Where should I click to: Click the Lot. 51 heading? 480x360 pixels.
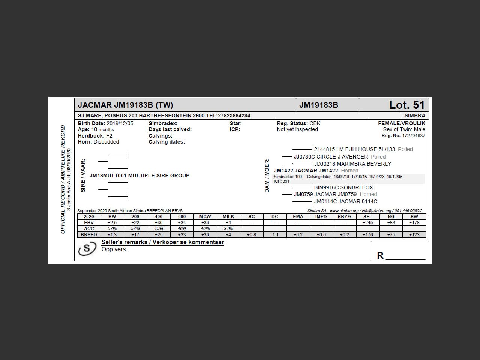point(406,105)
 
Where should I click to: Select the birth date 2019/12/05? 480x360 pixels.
point(120,123)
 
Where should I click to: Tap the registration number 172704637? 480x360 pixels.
point(414,136)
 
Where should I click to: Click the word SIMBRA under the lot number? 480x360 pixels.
point(415,115)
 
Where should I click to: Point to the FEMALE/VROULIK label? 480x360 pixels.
point(401,123)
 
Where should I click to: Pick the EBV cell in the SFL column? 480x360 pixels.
point(367,223)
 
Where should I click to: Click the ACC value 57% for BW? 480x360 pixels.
point(112,229)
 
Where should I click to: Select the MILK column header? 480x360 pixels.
point(228,217)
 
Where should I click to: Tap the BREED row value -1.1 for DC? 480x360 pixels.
point(274,235)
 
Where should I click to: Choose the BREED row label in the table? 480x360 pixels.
point(89,235)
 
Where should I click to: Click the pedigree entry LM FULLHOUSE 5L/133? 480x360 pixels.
point(354,149)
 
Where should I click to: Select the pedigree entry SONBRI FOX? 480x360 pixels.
point(343,187)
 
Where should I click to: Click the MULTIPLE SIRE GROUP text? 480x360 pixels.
point(159,175)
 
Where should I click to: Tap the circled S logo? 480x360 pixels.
point(87,249)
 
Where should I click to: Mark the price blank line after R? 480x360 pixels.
point(405,256)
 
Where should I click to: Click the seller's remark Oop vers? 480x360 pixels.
point(114,249)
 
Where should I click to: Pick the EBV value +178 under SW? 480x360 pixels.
point(414,223)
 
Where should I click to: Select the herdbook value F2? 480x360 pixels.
point(109,136)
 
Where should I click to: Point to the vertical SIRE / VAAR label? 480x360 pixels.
point(83,175)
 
